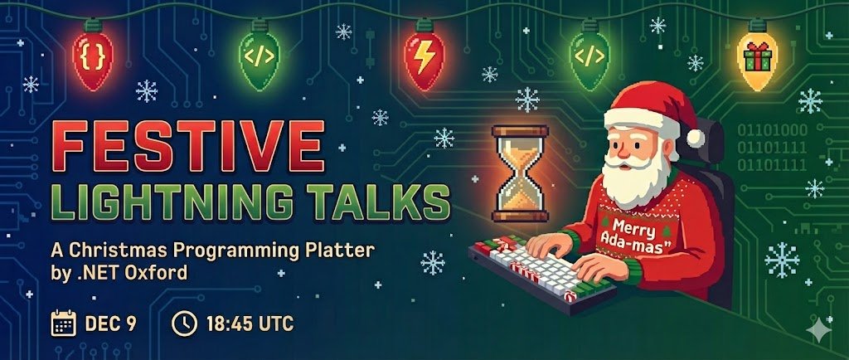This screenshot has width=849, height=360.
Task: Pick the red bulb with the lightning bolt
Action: pos(423,58)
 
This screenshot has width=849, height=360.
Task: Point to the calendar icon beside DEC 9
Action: pos(63,323)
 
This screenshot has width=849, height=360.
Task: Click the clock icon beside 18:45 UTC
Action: pos(184,323)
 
